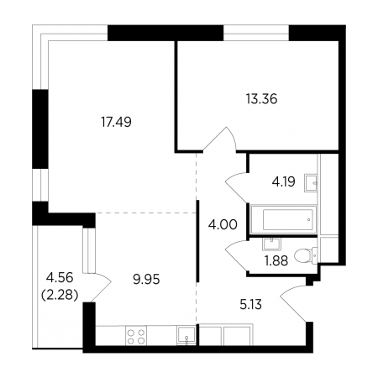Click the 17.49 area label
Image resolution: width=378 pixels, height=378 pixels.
tap(116, 122)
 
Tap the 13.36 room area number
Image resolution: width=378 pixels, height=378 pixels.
tap(262, 99)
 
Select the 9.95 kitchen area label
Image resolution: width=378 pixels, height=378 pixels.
tap(146, 279)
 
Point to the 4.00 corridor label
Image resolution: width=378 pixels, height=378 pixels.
tap(223, 224)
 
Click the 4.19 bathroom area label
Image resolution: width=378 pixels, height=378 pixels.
tap(283, 181)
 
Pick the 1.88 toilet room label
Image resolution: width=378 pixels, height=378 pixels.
tap(276, 261)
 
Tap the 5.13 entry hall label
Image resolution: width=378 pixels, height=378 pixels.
tap(251, 304)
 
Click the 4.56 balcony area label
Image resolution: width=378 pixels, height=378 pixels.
tap(60, 278)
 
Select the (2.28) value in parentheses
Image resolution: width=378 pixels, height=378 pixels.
tap(60, 295)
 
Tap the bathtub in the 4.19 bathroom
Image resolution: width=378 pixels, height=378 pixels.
tap(284, 219)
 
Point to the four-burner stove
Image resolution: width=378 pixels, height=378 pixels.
tap(136, 336)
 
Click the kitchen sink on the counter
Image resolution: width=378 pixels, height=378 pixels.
tap(186, 336)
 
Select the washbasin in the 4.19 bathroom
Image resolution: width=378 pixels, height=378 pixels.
tap(311, 183)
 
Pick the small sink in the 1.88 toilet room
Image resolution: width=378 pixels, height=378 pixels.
tap(271, 244)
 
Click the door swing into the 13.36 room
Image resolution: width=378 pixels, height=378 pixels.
tap(220, 139)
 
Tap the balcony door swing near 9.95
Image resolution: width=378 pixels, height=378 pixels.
tap(102, 287)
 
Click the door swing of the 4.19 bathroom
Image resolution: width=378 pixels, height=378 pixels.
tap(237, 187)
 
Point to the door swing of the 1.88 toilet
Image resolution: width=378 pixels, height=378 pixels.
tap(238, 255)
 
